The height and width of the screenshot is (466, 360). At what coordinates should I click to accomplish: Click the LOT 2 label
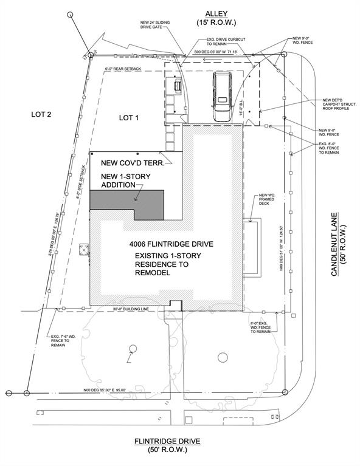coord(40,114)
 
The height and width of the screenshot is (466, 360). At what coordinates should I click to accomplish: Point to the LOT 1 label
coord(129,117)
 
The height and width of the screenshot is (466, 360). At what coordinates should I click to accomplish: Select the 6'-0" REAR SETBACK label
coord(123,69)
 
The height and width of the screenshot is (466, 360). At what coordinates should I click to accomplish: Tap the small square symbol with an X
coord(84,248)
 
